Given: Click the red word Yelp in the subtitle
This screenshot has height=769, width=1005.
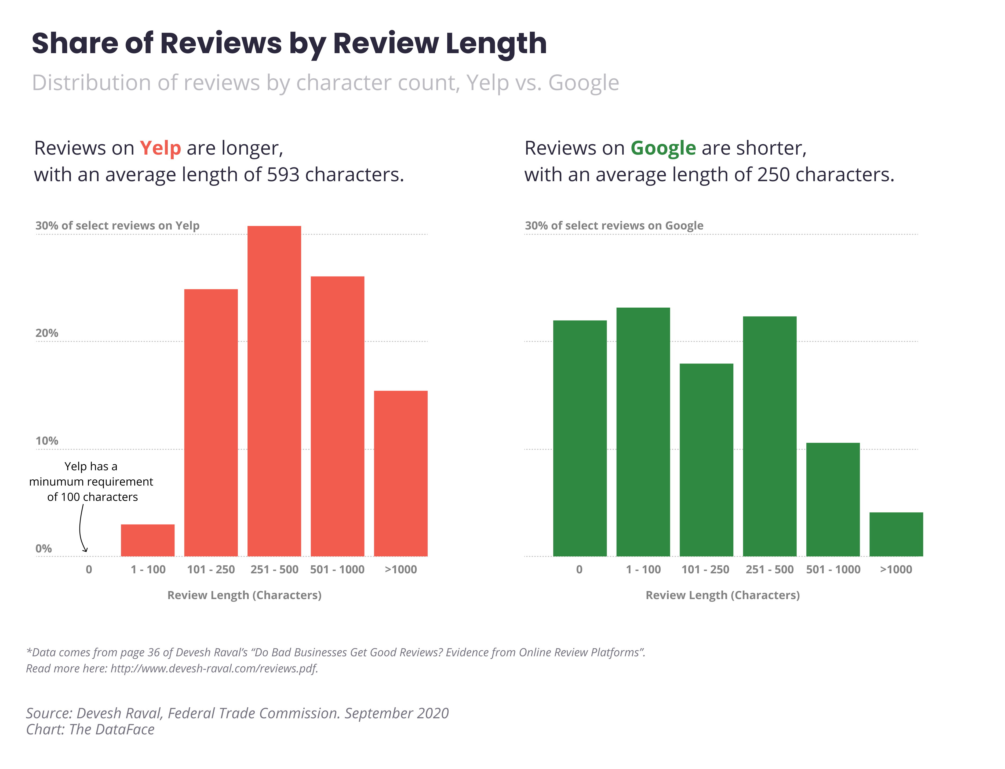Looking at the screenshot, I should (x=160, y=148).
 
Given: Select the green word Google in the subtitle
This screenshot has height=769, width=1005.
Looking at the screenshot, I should (x=663, y=148).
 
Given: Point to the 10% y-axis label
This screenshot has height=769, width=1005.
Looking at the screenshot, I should (x=47, y=441).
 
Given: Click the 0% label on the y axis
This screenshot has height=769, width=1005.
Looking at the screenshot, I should (x=43, y=548).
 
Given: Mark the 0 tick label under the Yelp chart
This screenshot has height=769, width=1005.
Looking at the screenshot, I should (x=89, y=569).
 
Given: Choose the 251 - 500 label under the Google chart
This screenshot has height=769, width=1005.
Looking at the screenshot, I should (x=769, y=569).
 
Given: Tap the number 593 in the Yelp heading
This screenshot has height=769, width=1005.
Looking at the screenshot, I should (x=283, y=175).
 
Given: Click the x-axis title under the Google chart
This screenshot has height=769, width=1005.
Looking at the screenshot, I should (x=722, y=595).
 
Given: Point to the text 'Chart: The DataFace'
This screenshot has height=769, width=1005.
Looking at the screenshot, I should (x=90, y=729).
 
